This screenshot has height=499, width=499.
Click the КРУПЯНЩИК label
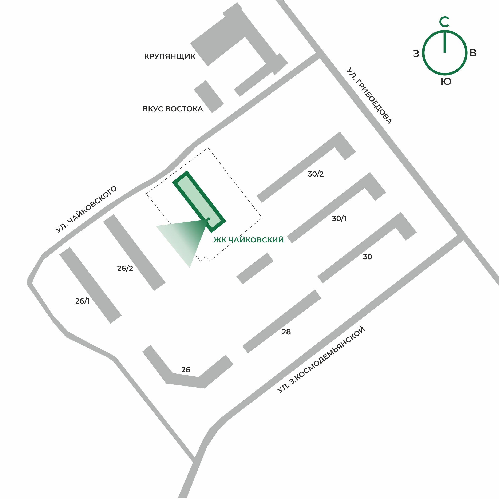click(x=170, y=56)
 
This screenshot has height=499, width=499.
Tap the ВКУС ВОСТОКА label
click(x=173, y=109)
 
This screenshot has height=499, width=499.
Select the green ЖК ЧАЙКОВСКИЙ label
click(x=249, y=240)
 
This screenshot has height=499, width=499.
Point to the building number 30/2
click(x=315, y=174)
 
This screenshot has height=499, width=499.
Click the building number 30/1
click(x=339, y=218)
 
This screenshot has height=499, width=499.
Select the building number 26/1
click(x=82, y=301)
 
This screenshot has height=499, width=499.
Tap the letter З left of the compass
click(x=416, y=54)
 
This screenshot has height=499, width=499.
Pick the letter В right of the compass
click(x=473, y=53)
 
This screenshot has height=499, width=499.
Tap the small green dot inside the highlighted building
click(x=209, y=219)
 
